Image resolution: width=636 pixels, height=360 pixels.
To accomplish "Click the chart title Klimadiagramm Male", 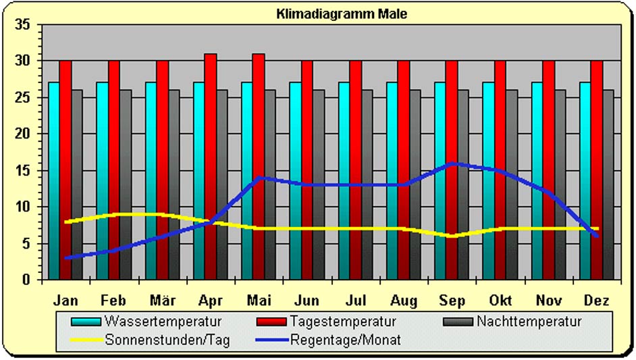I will [x=342, y=14].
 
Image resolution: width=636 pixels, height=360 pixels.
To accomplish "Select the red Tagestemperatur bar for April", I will [x=211, y=166].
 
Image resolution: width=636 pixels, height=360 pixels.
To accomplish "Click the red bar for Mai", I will [x=259, y=166].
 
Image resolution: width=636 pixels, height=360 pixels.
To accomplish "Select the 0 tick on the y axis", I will [x=26, y=280].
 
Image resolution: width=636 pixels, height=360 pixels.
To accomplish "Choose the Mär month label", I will [x=162, y=300].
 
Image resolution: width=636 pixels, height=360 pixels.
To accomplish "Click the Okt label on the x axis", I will [x=500, y=300].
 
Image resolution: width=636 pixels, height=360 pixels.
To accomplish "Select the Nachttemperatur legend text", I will [x=528, y=322].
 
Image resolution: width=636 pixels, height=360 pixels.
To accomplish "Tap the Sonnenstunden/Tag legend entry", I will [x=167, y=340].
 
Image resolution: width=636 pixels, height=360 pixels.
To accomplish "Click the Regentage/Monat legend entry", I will [x=345, y=340].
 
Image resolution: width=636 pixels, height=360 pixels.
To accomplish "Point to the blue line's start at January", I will [x=65, y=257].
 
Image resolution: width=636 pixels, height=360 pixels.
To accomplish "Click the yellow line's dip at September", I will [x=452, y=236].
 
